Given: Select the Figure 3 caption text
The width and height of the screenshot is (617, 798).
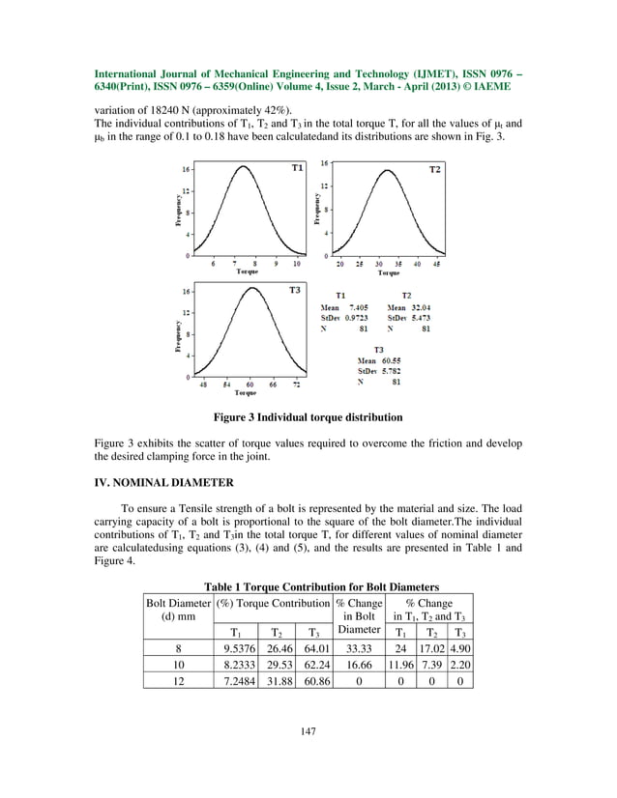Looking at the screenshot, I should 308,417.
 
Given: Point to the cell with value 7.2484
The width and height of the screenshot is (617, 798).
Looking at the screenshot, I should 236,680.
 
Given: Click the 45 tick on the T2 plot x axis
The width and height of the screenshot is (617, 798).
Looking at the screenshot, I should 438,264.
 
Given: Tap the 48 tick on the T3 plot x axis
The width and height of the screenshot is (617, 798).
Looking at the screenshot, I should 203,384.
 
